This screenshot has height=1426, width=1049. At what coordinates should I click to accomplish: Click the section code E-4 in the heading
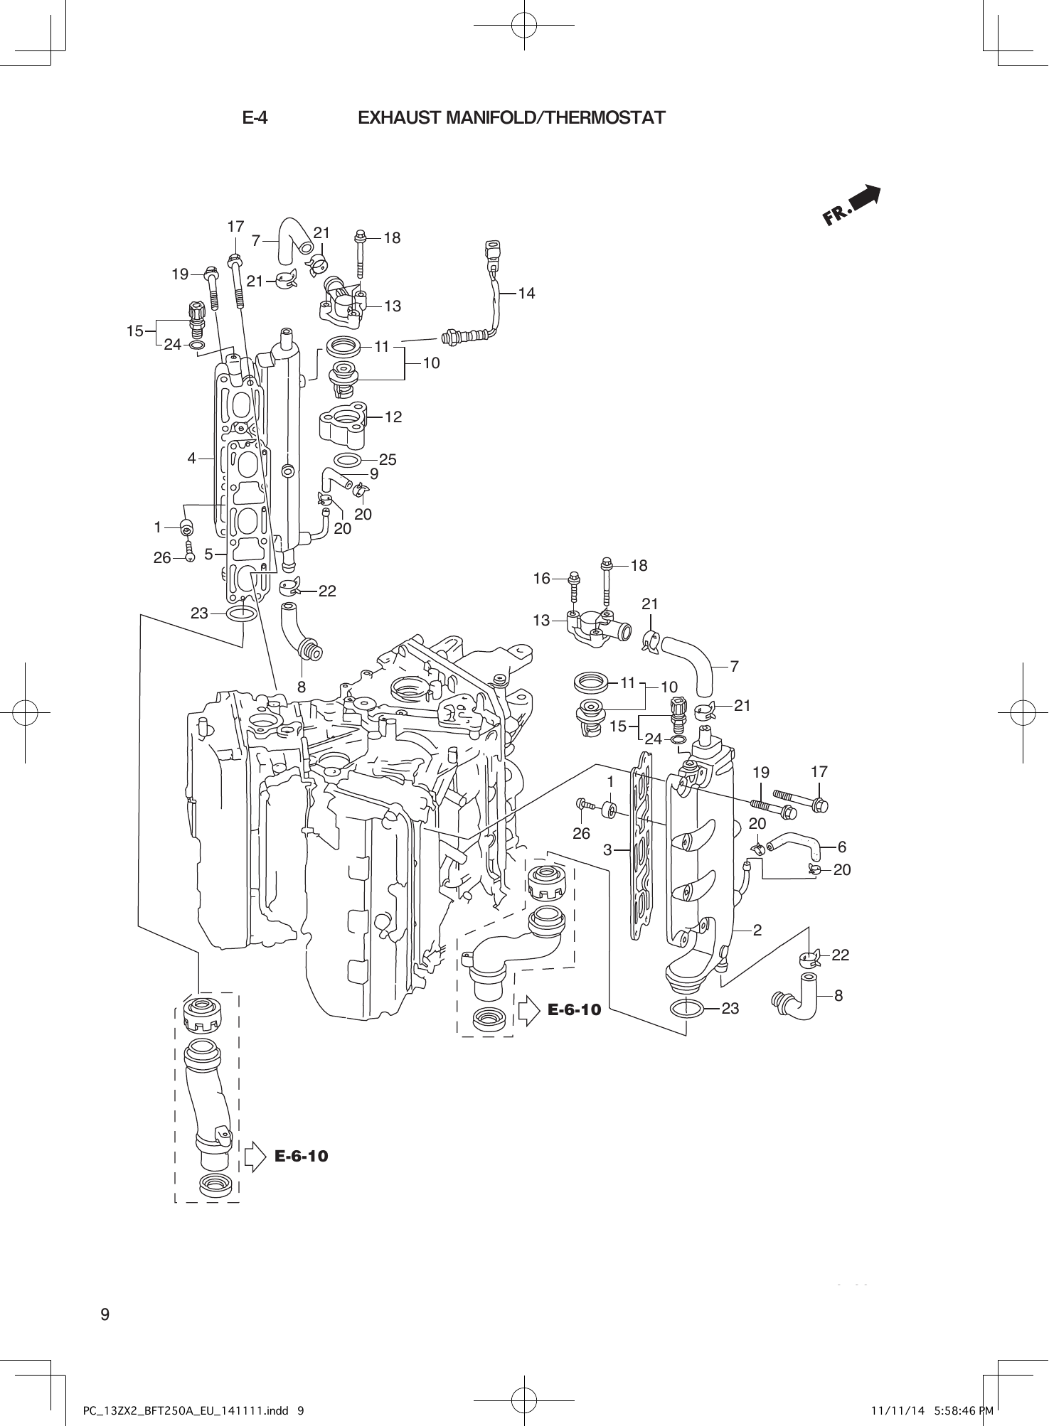tap(255, 117)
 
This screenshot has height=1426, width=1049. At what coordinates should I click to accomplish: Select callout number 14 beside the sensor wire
tap(526, 293)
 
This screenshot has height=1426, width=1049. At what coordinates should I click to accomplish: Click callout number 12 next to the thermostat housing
tap(393, 417)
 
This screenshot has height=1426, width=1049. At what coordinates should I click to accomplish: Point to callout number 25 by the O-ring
tap(388, 460)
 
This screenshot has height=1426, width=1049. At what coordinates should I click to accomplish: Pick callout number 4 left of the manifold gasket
tap(191, 459)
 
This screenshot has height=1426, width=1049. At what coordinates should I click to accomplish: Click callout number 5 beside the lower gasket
tap(208, 554)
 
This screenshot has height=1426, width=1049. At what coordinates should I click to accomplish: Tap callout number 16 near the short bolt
tap(542, 579)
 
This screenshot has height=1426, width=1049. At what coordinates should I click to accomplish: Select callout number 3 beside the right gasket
tap(607, 849)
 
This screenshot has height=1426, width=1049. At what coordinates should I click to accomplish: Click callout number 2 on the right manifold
tap(757, 930)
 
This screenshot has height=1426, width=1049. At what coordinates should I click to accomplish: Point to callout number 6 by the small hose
tap(842, 847)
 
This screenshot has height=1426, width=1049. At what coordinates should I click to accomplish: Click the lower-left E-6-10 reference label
tap(302, 1156)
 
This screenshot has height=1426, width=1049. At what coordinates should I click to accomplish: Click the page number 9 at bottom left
tap(105, 1314)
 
